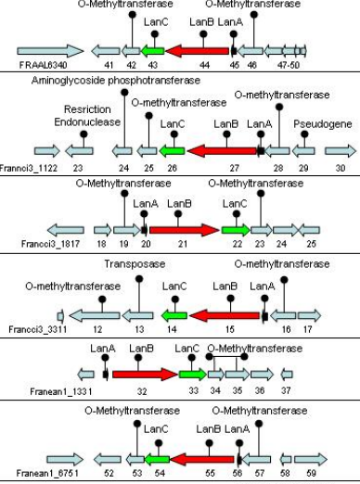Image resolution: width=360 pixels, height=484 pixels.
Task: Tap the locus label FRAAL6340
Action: (x=41, y=65)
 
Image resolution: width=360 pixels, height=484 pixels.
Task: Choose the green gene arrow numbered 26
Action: (x=172, y=149)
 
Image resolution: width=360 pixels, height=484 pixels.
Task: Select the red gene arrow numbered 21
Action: (x=182, y=229)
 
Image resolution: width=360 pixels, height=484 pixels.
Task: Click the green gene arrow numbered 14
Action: (x=172, y=315)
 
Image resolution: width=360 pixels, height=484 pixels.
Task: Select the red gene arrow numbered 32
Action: (x=144, y=375)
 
